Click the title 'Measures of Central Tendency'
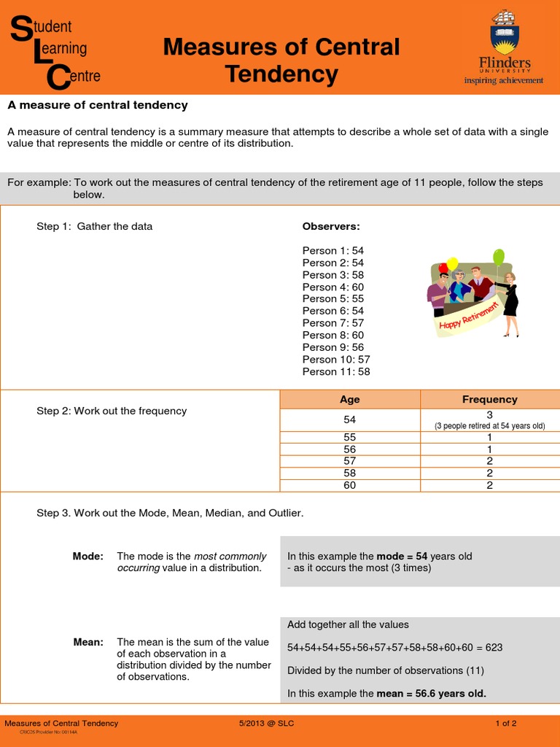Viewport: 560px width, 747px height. coord(281,60)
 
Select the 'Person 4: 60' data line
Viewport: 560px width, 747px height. coord(333,287)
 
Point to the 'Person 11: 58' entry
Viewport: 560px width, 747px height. coord(336,371)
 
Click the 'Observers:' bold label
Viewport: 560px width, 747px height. coord(331,226)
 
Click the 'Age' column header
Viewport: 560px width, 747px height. coord(350,399)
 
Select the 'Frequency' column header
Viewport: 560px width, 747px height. coord(490,399)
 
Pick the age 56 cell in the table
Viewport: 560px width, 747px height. coord(350,449)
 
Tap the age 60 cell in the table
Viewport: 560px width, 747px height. coord(350,485)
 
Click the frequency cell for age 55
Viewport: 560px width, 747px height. coord(490,438)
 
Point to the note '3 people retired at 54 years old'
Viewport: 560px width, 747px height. coord(490,426)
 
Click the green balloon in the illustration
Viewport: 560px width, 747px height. coord(499,257)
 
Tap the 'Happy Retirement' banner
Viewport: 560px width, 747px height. coord(470,315)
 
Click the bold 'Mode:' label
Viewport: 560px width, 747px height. coord(88,556)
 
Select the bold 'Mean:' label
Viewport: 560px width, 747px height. coord(88,642)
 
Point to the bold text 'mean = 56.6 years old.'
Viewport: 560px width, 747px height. coord(431,693)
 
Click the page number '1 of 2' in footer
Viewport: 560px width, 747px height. coord(506,724)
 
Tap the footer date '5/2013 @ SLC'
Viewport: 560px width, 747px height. coord(267,724)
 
